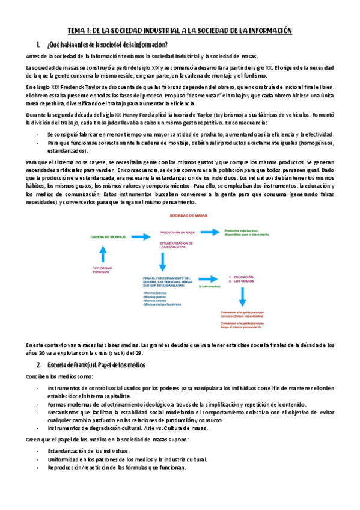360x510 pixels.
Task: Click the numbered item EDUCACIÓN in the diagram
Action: coord(242,278)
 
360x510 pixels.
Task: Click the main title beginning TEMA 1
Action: coord(180,31)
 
